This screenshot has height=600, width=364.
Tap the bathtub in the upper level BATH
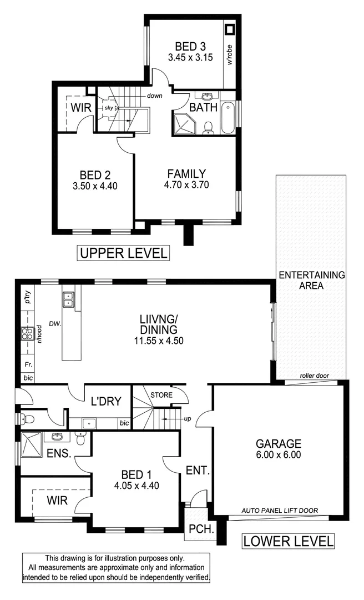[x=228, y=118]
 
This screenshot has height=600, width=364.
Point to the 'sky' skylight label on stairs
[x=109, y=108]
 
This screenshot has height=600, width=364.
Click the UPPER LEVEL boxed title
[x=123, y=253]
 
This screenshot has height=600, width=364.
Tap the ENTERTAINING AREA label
[x=311, y=280]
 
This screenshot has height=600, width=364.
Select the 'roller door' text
[x=315, y=376]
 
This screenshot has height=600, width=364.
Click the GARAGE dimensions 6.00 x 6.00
[x=278, y=454]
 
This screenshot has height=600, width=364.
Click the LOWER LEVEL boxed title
[x=288, y=541]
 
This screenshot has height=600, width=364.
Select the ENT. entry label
[x=198, y=471]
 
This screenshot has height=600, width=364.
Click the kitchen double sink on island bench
[x=68, y=299]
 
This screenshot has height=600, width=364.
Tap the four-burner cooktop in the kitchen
[x=26, y=334]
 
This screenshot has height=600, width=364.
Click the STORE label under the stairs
[x=161, y=395]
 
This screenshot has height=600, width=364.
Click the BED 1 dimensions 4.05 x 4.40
[x=136, y=484]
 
